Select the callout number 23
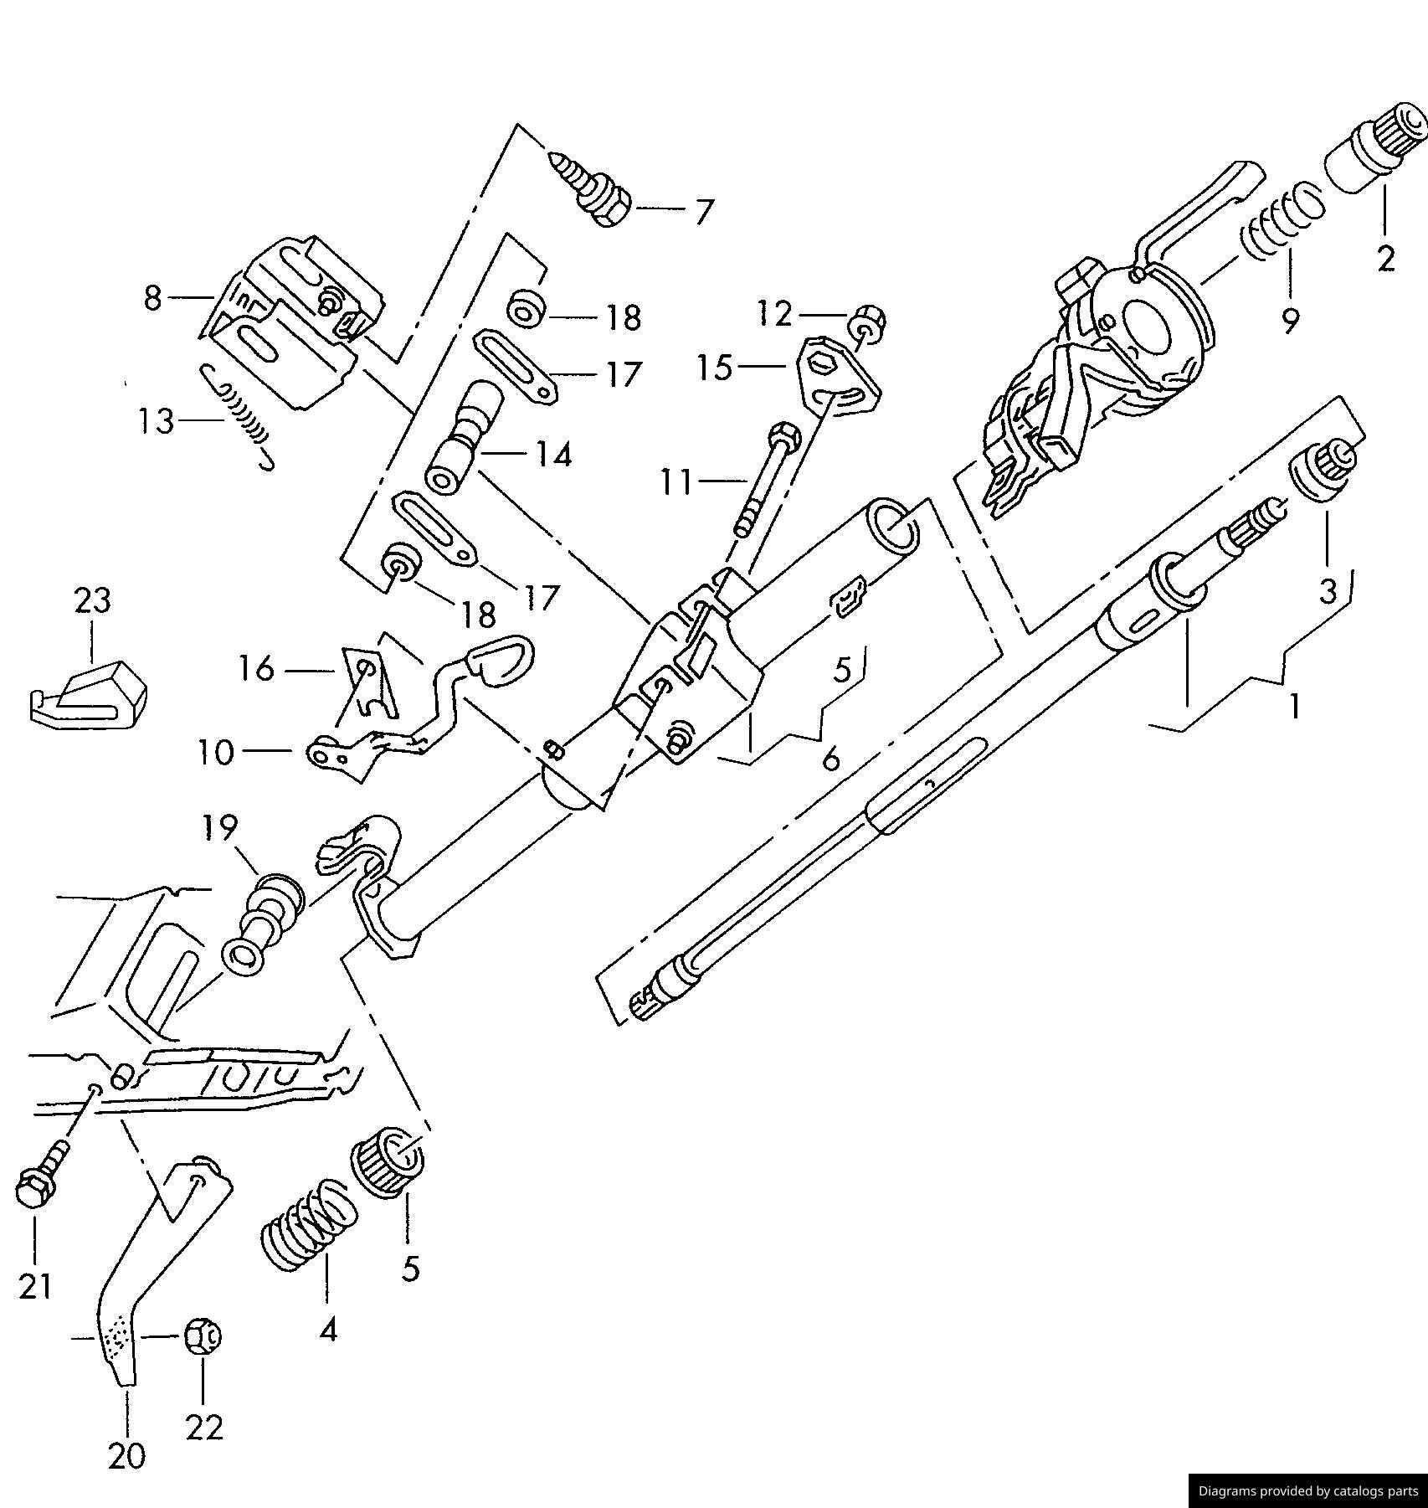(92, 600)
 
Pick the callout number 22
(204, 1427)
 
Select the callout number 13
(157, 420)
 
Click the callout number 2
(1385, 259)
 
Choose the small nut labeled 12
(868, 322)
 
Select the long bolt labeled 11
(768, 480)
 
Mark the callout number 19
(220, 827)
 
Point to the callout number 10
(216, 752)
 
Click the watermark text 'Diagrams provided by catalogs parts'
(1308, 1490)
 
